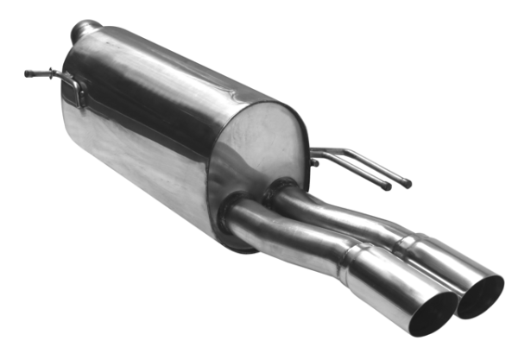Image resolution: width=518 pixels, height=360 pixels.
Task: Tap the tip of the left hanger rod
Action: tap(28, 73)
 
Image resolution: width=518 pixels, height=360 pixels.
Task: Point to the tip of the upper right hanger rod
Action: tap(407, 184)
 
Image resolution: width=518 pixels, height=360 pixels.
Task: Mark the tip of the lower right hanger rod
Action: tap(388, 187)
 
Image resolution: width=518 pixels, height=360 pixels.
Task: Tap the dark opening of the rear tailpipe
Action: tap(481, 296)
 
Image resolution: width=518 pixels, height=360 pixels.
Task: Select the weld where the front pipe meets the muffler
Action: tap(231, 216)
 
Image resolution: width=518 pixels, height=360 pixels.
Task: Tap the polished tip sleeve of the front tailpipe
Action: tap(393, 285)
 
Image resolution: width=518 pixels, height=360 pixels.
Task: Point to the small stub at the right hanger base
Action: tap(313, 161)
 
